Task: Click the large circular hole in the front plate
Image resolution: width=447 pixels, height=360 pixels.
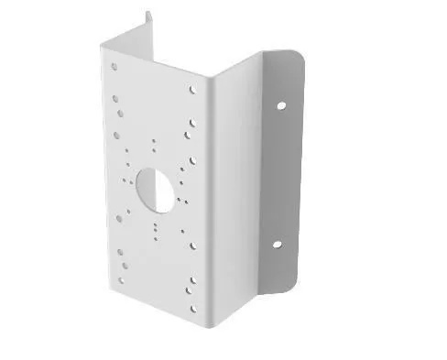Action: coord(154,182)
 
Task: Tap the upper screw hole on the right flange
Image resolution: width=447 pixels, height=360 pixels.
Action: coord(280,104)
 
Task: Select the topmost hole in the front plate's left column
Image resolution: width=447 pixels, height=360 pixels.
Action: coord(114,66)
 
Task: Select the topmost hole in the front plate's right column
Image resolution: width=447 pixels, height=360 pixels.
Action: coord(193,90)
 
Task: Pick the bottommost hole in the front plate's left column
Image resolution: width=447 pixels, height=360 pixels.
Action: coord(121,281)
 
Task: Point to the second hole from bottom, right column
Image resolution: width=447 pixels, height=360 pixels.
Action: coord(192,290)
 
